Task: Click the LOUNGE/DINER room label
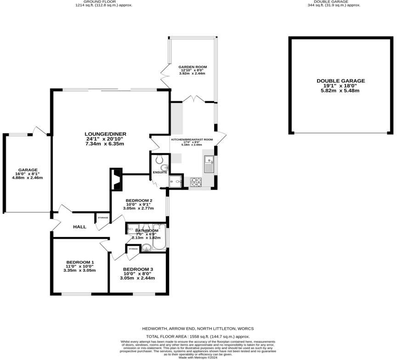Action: (106, 134)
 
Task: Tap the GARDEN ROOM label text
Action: (192, 67)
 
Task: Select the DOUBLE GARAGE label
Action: (340, 81)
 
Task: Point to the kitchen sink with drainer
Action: (209, 164)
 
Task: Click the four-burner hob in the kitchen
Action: (196, 182)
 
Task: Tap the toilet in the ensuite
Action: (159, 159)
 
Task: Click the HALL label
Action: (79, 227)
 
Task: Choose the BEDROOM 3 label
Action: (137, 269)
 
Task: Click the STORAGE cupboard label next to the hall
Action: (102, 218)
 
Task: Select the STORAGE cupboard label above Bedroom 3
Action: (133, 248)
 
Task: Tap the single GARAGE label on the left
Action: (28, 169)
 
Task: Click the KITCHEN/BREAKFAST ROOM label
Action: (192, 139)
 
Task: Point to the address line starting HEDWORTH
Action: (198, 329)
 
